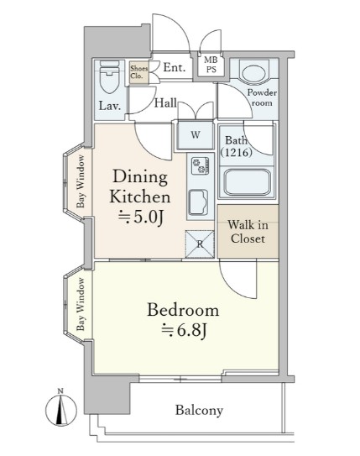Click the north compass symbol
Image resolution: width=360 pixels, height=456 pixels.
[x=61, y=409]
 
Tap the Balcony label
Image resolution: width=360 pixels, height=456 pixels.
[x=200, y=411]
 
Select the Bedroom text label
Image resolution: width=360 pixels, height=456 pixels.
[x=183, y=310]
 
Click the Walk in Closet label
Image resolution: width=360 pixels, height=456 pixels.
[x=248, y=232]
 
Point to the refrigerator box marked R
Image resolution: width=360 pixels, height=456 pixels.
[x=200, y=244]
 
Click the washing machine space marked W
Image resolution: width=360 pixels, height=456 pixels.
[x=196, y=134]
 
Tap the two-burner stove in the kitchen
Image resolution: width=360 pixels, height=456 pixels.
[x=201, y=165]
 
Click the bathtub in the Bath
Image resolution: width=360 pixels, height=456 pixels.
[x=248, y=182]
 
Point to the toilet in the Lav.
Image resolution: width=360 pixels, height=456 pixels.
[x=109, y=76]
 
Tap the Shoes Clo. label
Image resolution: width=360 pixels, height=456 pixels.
[x=138, y=72]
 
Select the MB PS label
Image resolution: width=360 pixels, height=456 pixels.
[x=211, y=65]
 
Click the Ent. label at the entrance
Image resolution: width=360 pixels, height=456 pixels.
[x=175, y=67]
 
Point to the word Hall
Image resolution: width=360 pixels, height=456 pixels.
[x=165, y=102]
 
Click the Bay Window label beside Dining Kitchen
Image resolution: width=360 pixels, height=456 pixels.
[x=81, y=181]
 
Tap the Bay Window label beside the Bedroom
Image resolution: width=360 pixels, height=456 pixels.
[x=81, y=305]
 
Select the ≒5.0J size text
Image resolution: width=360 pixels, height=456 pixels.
[x=140, y=217]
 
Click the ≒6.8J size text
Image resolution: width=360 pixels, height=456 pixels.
[x=184, y=330]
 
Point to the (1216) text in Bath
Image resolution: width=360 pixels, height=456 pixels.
[x=236, y=152]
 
